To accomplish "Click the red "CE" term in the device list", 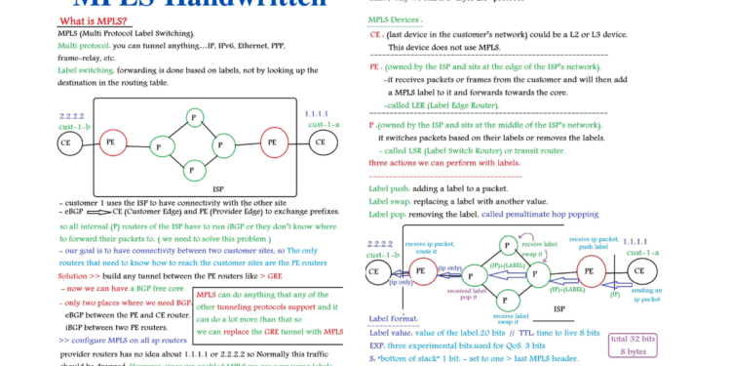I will coord(375,33).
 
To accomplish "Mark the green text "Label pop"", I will coord(393,214).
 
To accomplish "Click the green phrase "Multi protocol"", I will coord(83,45).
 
